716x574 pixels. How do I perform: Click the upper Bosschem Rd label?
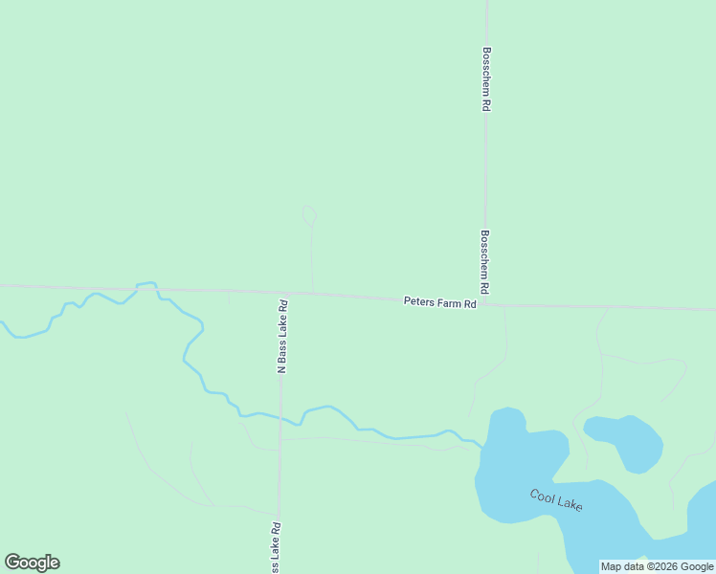[486, 79]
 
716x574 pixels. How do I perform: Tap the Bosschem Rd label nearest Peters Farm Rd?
[485, 261]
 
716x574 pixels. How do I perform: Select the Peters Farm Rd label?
[439, 302]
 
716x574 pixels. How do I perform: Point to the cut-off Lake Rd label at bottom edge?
[276, 547]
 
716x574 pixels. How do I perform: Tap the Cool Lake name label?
[556, 499]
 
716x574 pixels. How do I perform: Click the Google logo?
[32, 563]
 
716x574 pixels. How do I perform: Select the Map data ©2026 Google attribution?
[658, 566]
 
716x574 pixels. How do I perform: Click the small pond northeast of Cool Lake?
[626, 440]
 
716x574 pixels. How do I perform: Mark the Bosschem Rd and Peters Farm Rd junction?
[485, 304]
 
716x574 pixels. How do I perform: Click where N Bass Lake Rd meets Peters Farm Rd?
[283, 293]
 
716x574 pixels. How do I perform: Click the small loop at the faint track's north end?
[309, 215]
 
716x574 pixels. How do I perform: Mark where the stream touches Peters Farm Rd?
[145, 286]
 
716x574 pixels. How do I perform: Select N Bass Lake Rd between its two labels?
[280, 450]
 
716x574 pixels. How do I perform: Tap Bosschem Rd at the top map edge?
[486, 3]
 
